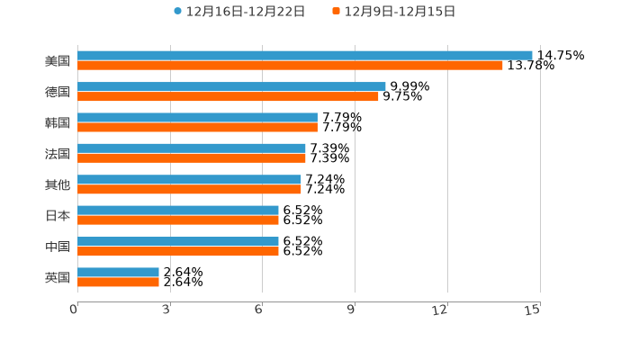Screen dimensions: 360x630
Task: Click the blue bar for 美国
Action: click(x=305, y=55)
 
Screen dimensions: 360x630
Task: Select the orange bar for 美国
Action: click(x=290, y=65)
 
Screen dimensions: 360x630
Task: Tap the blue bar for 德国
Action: click(x=231, y=86)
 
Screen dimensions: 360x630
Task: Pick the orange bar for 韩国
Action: click(x=197, y=127)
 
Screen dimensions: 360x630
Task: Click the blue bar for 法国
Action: click(x=192, y=148)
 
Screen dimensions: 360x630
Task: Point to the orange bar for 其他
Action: click(x=189, y=189)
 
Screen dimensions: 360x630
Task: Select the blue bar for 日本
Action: click(x=178, y=211)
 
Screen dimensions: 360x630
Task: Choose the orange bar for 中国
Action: click(x=178, y=251)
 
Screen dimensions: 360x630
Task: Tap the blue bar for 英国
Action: click(x=118, y=272)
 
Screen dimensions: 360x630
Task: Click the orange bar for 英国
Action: click(x=118, y=282)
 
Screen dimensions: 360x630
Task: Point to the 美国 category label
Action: click(x=58, y=60)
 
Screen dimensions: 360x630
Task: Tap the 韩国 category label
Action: click(x=58, y=122)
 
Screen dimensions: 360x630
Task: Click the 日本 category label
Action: click(x=58, y=215)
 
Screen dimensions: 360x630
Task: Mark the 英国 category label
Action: click(x=58, y=277)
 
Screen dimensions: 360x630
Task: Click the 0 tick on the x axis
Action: click(x=74, y=310)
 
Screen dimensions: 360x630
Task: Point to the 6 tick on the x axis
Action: click(x=258, y=310)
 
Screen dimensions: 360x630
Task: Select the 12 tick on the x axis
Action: click(x=440, y=310)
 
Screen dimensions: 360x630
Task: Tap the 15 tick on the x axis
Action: click(x=533, y=310)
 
